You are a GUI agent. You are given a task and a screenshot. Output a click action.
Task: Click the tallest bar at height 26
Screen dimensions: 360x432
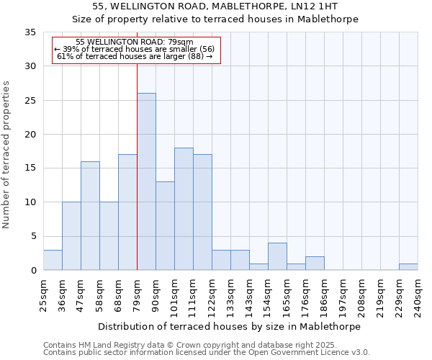coord(146,181)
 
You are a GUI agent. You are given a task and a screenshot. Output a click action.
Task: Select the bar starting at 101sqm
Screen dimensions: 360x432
coord(184,209)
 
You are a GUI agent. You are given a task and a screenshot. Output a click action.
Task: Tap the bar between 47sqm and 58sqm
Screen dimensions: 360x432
coord(90,216)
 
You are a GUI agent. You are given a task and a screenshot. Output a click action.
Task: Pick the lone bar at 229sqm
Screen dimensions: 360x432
coord(408,267)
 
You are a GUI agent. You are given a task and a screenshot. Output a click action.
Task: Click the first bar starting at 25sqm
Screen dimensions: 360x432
coord(53,260)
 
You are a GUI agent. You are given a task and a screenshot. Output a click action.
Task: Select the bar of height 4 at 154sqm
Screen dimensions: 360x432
coord(277,257)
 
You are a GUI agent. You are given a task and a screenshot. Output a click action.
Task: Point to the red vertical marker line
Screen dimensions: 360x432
coord(137,144)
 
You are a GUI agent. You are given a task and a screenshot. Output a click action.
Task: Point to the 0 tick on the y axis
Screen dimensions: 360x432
coord(32,271)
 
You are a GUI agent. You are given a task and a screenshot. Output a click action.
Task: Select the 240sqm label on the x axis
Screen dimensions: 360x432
coord(418,295)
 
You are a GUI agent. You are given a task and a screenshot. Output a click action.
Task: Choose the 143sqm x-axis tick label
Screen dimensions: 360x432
coord(249,295)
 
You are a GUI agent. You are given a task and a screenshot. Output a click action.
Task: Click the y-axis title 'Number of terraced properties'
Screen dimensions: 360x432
coord(6,155)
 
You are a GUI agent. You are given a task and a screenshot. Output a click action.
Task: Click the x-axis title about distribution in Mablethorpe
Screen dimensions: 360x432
coord(230,326)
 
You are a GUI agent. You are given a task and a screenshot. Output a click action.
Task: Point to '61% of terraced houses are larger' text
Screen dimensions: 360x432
coord(134,56)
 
